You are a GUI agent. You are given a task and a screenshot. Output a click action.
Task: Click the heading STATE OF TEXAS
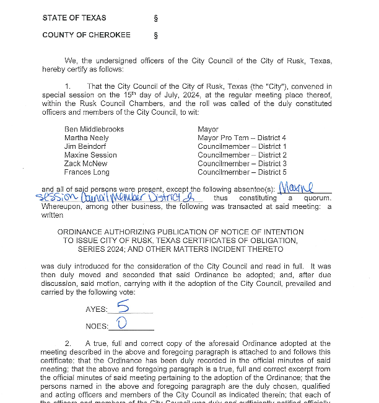coord(74,18)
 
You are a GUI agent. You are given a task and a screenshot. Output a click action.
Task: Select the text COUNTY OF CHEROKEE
coord(86,35)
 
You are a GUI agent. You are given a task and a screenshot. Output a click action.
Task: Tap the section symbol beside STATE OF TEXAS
coord(155,18)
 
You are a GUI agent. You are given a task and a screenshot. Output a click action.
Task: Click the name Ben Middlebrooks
coord(94,129)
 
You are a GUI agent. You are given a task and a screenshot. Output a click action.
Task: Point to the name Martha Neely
coord(87,138)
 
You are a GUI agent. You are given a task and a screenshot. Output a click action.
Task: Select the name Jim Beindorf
coord(85,146)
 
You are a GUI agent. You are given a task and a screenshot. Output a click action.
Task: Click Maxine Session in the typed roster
coord(90,155)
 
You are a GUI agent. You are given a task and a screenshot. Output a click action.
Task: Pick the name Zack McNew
coord(85,164)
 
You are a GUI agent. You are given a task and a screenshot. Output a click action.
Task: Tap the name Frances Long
coord(86,172)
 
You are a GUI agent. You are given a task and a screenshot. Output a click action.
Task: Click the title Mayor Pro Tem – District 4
coord(242,138)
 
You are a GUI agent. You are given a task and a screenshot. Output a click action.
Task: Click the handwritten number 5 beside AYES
coord(123,306)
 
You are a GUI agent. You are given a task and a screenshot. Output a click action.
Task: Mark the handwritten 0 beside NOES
coord(121,324)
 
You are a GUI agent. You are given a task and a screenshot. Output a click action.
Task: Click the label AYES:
coord(97,309)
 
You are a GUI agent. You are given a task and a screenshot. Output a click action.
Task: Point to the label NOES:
coord(97,326)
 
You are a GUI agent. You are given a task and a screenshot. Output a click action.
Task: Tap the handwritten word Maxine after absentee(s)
coord(297,187)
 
